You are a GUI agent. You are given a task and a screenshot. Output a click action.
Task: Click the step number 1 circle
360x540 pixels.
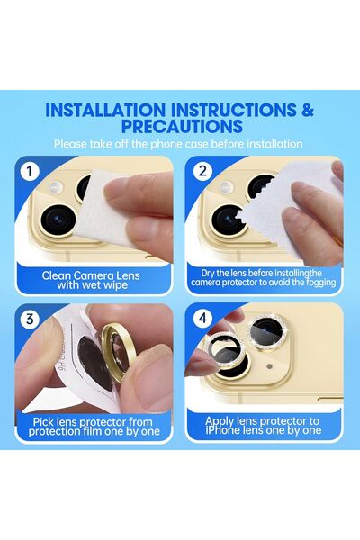pyautogui.click(x=30, y=171)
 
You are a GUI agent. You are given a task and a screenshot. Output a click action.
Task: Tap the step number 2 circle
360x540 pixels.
pyautogui.click(x=202, y=171)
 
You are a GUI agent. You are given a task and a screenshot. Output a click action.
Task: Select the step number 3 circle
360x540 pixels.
pyautogui.click(x=30, y=319)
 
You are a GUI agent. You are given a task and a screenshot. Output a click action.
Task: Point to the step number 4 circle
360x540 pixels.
pyautogui.click(x=203, y=318)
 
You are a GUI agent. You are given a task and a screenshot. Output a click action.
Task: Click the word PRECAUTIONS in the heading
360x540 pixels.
pyautogui.click(x=182, y=126)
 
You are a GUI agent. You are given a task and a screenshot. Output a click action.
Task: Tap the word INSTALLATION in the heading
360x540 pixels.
pyautogui.click(x=105, y=110)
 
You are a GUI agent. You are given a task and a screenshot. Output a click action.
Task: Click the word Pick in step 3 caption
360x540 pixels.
pyautogui.click(x=43, y=422)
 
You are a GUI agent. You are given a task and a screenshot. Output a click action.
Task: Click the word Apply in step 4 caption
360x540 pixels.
pyautogui.click(x=219, y=421)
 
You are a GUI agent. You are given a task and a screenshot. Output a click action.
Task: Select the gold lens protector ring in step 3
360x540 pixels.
pyautogui.click(x=117, y=351)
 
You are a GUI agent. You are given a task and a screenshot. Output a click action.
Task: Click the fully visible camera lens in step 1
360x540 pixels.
pyautogui.click(x=58, y=220)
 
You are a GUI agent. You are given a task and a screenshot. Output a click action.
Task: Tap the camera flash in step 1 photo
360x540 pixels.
pyautogui.click(x=55, y=187)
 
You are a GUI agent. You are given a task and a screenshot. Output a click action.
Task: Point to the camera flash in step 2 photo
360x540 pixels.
pyautogui.click(x=225, y=187)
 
